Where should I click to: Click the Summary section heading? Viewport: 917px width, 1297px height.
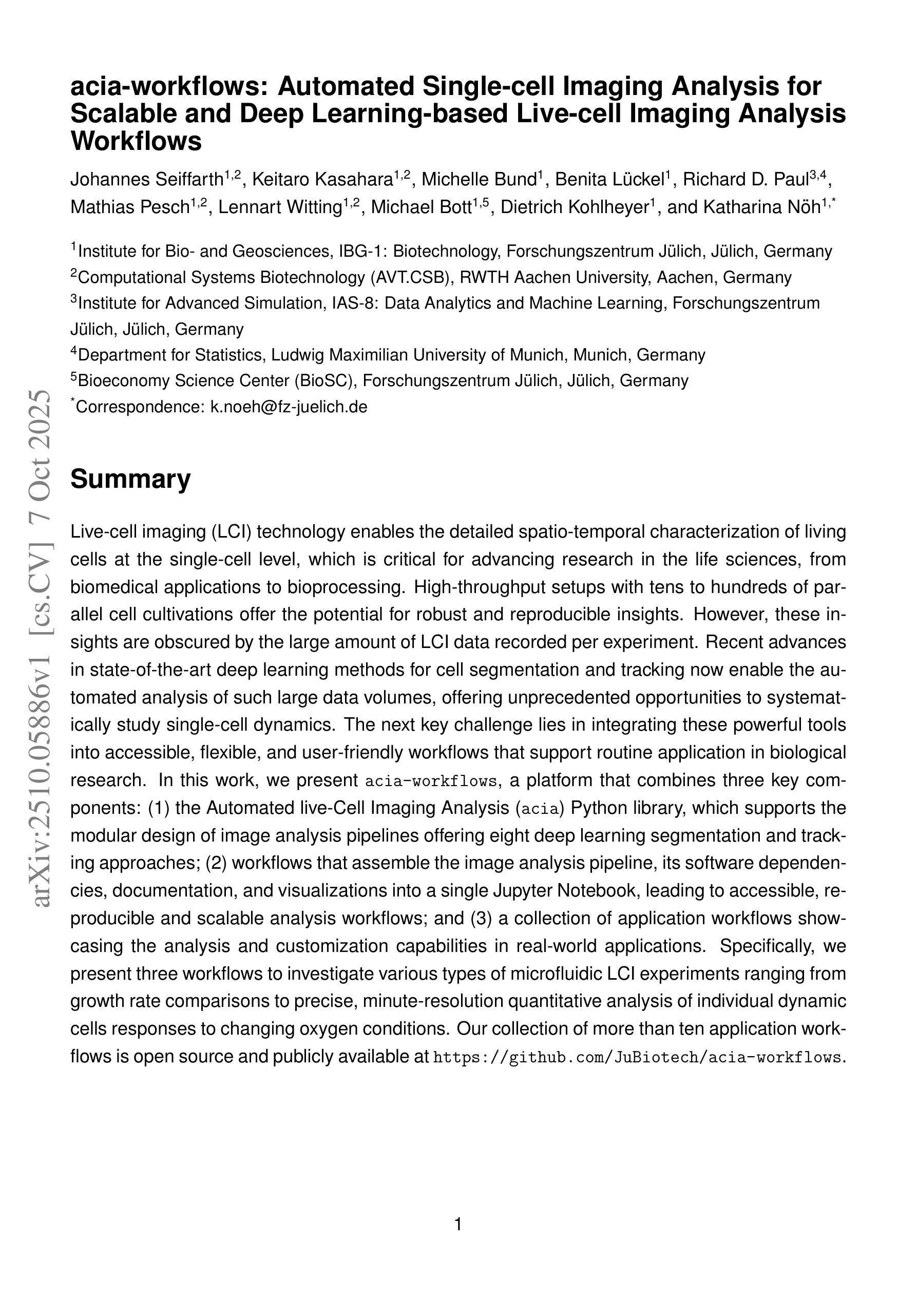click(x=130, y=479)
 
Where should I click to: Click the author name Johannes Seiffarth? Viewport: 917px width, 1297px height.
click(x=147, y=180)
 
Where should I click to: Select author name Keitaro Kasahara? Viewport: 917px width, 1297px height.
click(x=322, y=180)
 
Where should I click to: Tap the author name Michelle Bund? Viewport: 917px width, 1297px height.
click(x=479, y=180)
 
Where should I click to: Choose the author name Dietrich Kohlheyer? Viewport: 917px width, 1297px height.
click(x=574, y=207)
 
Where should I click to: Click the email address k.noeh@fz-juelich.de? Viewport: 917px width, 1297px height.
click(x=289, y=407)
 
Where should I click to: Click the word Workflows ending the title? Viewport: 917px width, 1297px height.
click(x=136, y=141)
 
